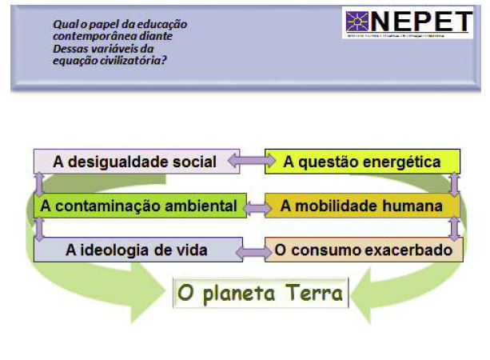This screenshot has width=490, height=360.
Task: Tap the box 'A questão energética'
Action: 362,162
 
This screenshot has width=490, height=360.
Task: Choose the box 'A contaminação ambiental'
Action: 138,206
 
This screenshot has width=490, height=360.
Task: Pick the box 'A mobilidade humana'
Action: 361,206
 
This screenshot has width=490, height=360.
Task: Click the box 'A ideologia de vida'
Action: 137,250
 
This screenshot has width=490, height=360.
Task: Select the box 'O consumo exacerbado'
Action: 365,250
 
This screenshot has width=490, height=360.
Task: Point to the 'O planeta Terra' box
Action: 261,293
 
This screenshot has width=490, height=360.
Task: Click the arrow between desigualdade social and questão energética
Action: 246,161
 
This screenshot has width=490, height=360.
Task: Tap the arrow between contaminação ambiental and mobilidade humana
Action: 256,207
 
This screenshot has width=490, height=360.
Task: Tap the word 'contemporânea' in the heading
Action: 88,36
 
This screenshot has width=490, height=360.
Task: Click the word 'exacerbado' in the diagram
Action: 421,250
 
